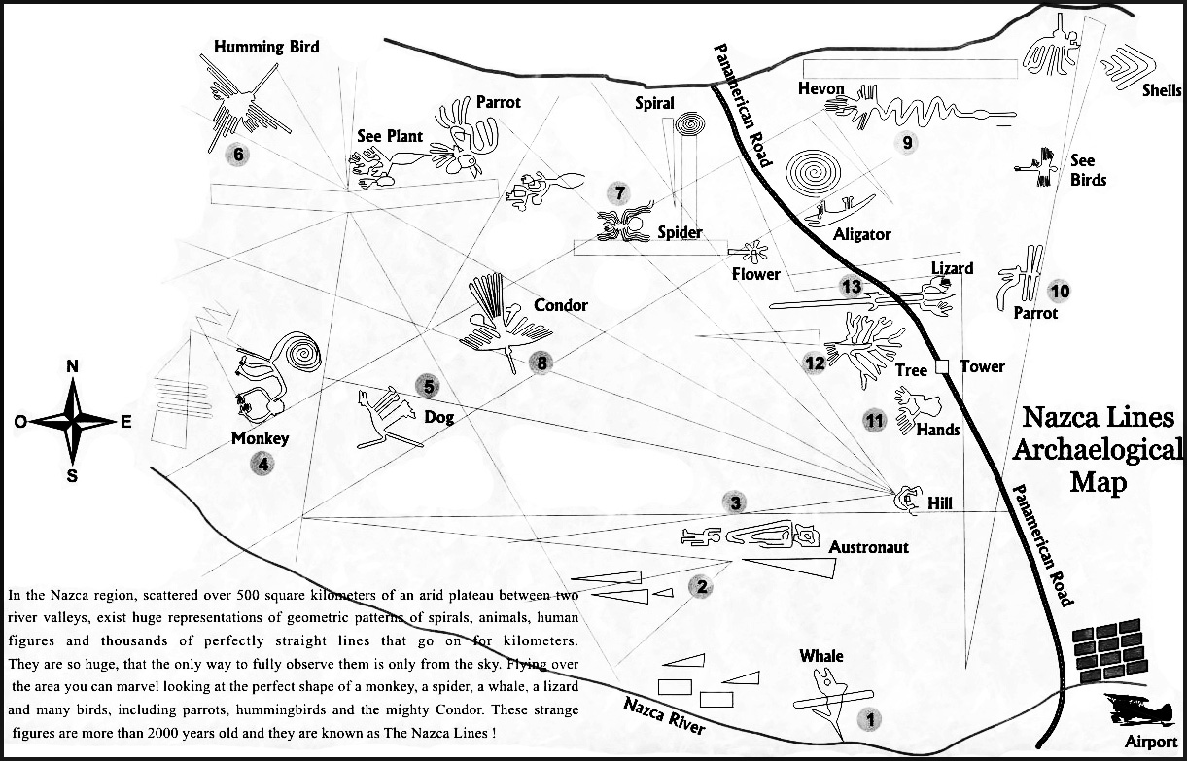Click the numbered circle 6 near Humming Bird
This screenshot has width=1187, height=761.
coord(235,154)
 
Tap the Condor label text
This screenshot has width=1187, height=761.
coord(561,305)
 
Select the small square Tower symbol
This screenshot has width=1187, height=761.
coord(941,366)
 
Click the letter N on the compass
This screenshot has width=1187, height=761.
coord(72,366)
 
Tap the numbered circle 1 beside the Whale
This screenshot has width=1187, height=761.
coord(871,720)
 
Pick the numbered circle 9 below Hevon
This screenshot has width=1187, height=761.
coord(906,143)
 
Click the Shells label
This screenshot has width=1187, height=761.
coord(1162,90)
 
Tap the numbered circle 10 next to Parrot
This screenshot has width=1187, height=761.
coord(1059,290)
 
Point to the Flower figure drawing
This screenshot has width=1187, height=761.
coord(754,251)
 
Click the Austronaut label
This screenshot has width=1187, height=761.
coord(868,547)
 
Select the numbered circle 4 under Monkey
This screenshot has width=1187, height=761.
coord(262,465)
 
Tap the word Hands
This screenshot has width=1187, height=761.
coord(938,430)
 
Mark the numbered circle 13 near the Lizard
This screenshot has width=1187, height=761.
coord(852,287)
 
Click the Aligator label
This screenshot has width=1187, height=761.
coord(861,234)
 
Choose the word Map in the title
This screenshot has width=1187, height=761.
coord(1098,481)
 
